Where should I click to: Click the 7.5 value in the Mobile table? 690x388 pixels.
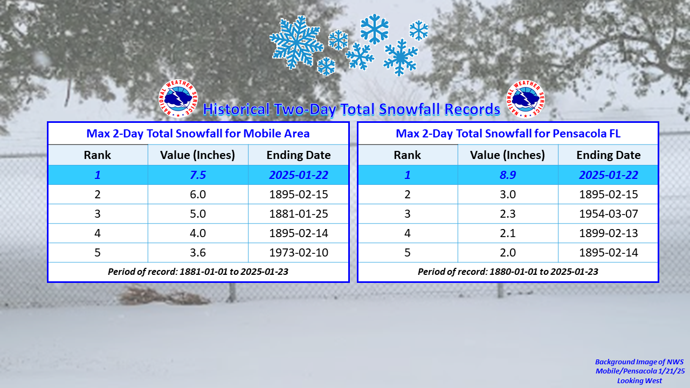coord(198,175)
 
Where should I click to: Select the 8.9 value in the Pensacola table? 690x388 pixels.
coord(508,175)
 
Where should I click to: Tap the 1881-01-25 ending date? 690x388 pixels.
coord(299,214)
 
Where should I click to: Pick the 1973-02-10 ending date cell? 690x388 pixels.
coord(299,253)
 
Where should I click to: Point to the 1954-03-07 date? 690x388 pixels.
coord(609,214)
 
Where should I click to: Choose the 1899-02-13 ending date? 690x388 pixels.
coord(609,233)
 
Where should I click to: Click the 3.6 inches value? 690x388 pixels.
coord(198,253)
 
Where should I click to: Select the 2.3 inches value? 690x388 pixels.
coord(508,214)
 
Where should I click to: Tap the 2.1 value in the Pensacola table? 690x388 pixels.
coord(508,233)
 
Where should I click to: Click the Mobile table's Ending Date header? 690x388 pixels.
coord(299,155)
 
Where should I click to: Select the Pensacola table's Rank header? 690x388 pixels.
coord(407,155)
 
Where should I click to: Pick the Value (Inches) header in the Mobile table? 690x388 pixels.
coord(197,155)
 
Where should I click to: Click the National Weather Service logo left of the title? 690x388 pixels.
coord(178,99)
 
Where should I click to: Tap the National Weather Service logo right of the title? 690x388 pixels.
coord(526,99)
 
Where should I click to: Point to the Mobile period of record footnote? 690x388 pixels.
coord(198,272)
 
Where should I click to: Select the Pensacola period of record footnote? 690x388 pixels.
coord(508,272)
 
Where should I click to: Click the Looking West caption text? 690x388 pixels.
coord(639,381)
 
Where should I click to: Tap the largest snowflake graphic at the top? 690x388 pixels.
coord(296,43)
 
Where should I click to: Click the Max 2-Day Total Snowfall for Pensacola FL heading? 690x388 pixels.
coord(508,134)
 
